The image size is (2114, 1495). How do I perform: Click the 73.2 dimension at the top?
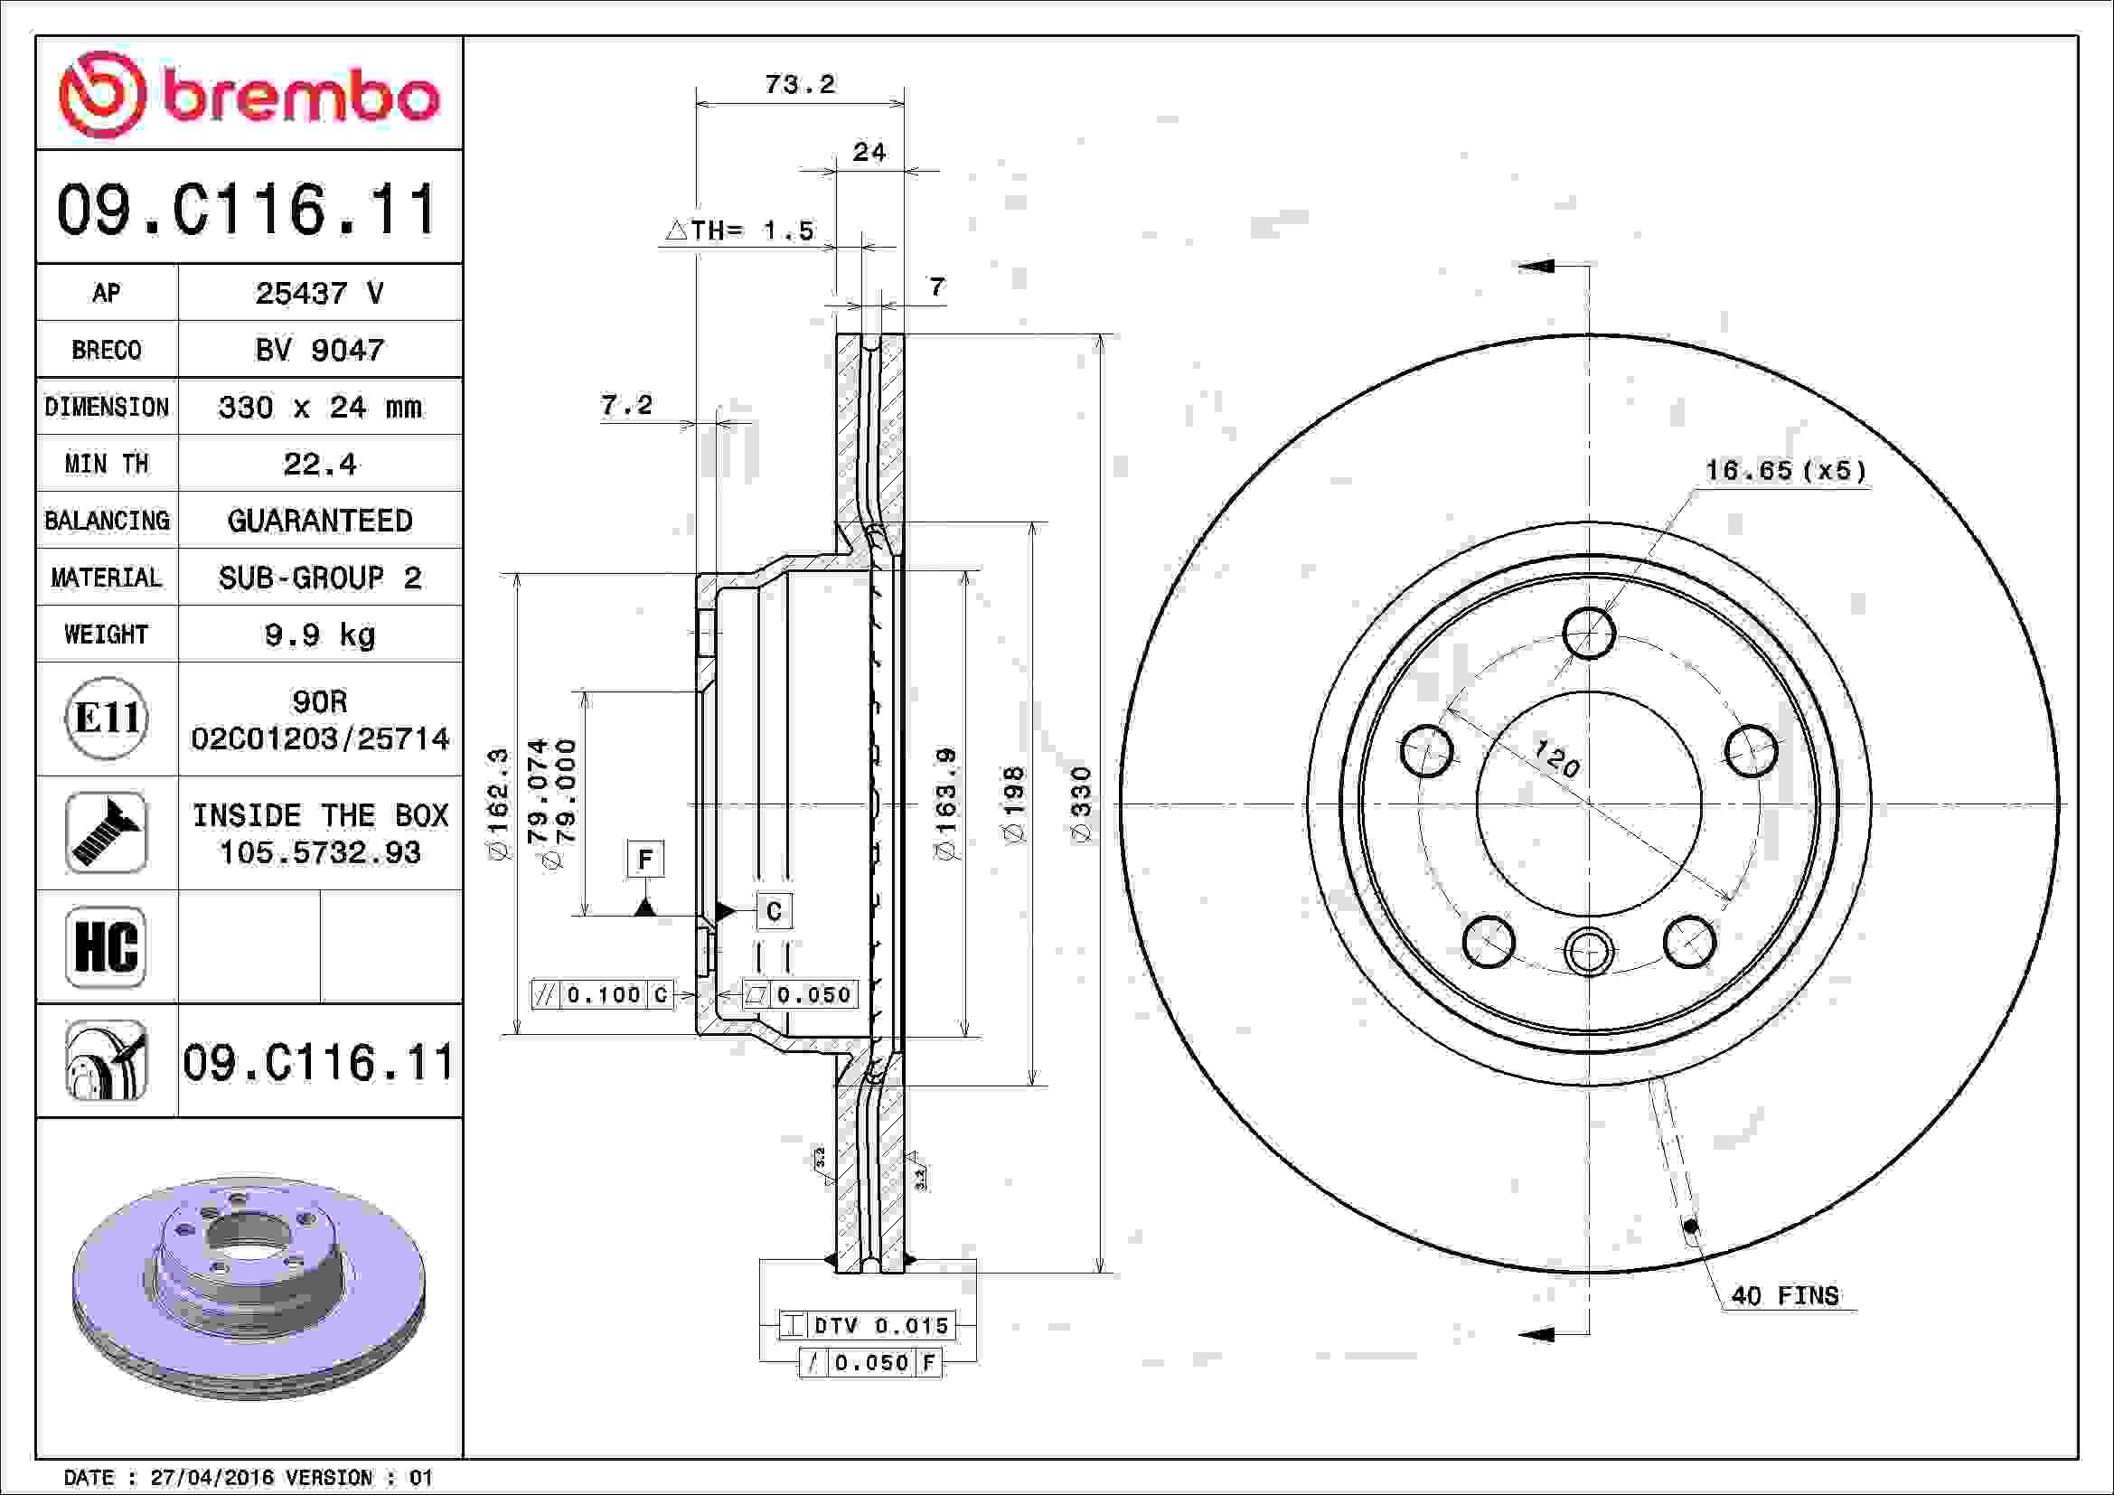pyautogui.click(x=799, y=85)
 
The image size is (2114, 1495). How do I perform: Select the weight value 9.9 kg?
pyautogui.click(x=319, y=635)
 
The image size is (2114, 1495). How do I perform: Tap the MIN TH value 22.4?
pyautogui.click(x=319, y=464)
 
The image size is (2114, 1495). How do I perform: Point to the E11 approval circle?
pyautogui.click(x=107, y=718)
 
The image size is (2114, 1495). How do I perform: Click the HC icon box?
pyautogui.click(x=106, y=946)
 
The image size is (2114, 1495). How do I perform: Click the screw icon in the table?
pyautogui.click(x=106, y=832)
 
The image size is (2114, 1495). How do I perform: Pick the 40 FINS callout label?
pyautogui.click(x=1784, y=1296)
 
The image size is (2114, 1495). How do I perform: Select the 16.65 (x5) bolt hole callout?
pyautogui.click(x=1785, y=471)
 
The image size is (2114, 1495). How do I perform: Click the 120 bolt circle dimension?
pyautogui.click(x=1556, y=759)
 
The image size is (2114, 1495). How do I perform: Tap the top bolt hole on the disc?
pyautogui.click(x=1589, y=633)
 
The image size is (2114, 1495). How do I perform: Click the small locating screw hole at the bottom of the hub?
pyautogui.click(x=1589, y=951)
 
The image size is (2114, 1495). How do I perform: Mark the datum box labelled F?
pyautogui.click(x=644, y=860)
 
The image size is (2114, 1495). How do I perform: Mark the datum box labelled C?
pyautogui.click(x=774, y=911)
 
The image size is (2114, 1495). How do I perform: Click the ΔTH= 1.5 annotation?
pyautogui.click(x=740, y=230)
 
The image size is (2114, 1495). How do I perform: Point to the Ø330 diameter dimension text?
pyautogui.click(x=1081, y=804)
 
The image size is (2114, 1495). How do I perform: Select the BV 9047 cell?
pyautogui.click(x=319, y=350)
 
